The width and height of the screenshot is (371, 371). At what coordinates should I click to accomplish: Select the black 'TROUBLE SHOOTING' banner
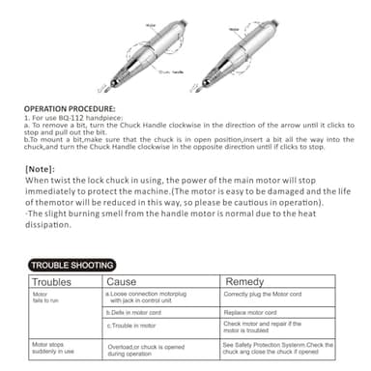[72, 264]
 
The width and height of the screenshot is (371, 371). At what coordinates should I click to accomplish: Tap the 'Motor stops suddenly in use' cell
[53, 348]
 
